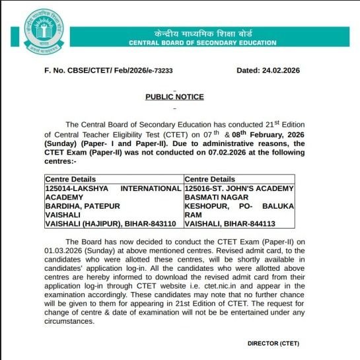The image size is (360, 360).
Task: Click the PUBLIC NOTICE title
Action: [174, 97]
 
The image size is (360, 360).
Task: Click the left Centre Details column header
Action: [71, 179]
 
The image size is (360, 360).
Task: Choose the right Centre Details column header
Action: [209, 179]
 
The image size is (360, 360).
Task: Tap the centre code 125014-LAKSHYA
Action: [73, 188]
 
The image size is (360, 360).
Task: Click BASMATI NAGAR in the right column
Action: [215, 197]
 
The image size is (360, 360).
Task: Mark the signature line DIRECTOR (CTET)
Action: [273, 343]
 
